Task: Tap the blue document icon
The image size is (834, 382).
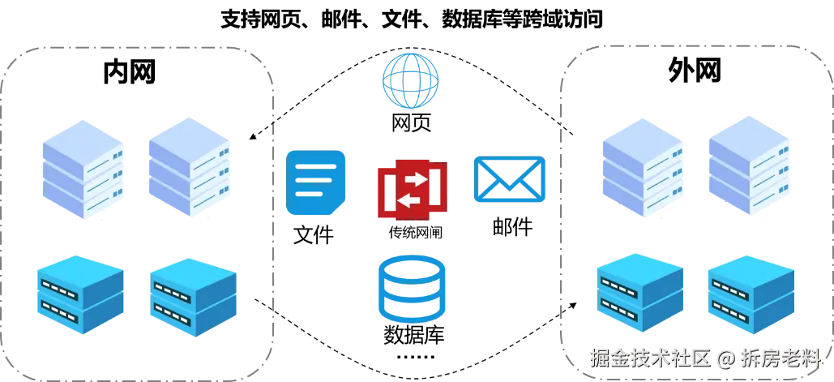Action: click(317, 183)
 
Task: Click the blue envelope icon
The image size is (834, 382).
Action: click(509, 179)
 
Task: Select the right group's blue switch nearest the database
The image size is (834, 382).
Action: click(640, 296)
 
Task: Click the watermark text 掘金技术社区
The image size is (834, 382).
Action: click(649, 358)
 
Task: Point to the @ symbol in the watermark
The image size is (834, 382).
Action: click(725, 358)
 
